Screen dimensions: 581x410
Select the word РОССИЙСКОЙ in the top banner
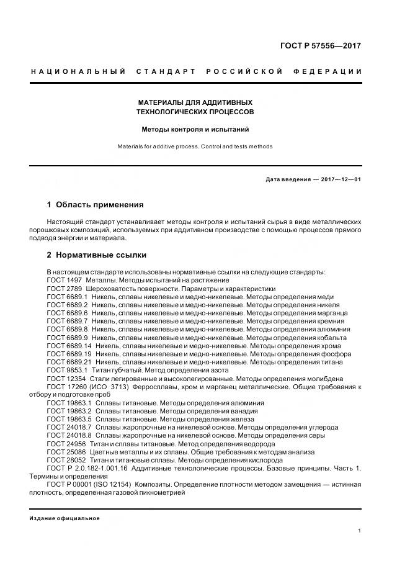click(244, 71)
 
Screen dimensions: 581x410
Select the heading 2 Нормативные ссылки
click(96, 254)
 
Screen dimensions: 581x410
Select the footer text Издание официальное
click(65, 518)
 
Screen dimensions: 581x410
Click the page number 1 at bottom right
click(360, 531)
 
